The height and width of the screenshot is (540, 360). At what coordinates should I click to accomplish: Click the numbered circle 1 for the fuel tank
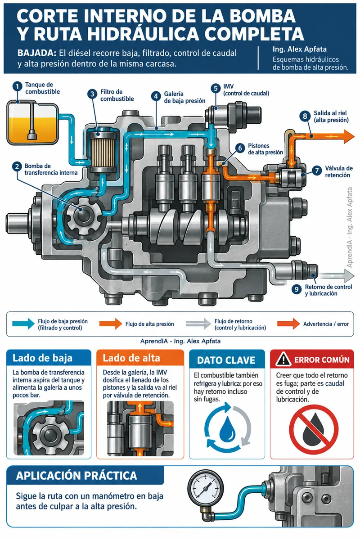coord(18,87)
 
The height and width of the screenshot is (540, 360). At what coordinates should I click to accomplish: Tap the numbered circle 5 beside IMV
coord(216,89)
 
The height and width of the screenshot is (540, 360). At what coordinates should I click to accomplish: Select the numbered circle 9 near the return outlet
coord(297,289)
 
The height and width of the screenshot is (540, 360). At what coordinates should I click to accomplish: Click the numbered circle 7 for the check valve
coord(317,171)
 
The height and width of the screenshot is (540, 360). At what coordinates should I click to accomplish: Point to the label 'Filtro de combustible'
coord(117,95)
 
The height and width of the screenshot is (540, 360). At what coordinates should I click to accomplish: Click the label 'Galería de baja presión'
coord(184,97)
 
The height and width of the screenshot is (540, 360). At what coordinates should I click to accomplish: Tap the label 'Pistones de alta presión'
coord(265,149)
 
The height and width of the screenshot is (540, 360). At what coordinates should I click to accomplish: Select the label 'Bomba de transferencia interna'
coord(51,169)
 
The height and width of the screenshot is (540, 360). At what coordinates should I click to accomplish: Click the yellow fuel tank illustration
coord(32,123)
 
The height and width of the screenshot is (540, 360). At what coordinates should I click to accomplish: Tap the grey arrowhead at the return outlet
coord(349,275)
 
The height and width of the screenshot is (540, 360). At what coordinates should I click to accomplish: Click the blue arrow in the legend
coord(23,324)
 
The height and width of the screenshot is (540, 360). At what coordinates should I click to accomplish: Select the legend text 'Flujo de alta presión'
coord(149,324)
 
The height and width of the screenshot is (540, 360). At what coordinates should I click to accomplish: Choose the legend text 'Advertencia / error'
coord(326,324)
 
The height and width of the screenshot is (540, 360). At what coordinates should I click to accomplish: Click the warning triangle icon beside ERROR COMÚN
coord(283,359)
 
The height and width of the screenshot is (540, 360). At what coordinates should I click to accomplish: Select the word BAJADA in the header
coord(36,53)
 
